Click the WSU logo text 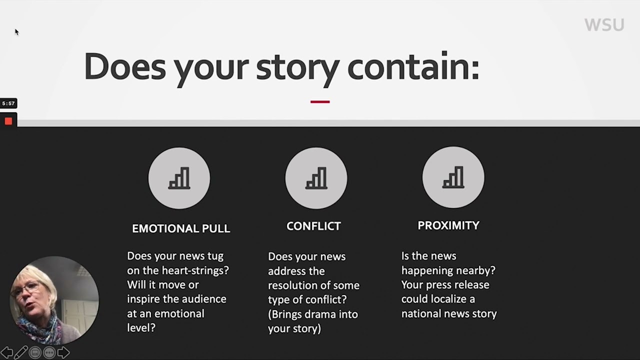pyautogui.click(x=604, y=25)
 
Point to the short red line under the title pyautogui.click(x=320, y=101)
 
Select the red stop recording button pyautogui.click(x=8, y=121)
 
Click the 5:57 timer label pyautogui.click(x=8, y=103)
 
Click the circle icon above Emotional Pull pyautogui.click(x=179, y=178)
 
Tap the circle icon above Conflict pyautogui.click(x=316, y=178)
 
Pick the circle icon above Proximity pyautogui.click(x=453, y=177)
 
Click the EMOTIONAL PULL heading pyautogui.click(x=181, y=228)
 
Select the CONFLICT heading pyautogui.click(x=313, y=226)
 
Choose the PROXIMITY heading pyautogui.click(x=448, y=225)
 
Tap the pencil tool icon pyautogui.click(x=20, y=352)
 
